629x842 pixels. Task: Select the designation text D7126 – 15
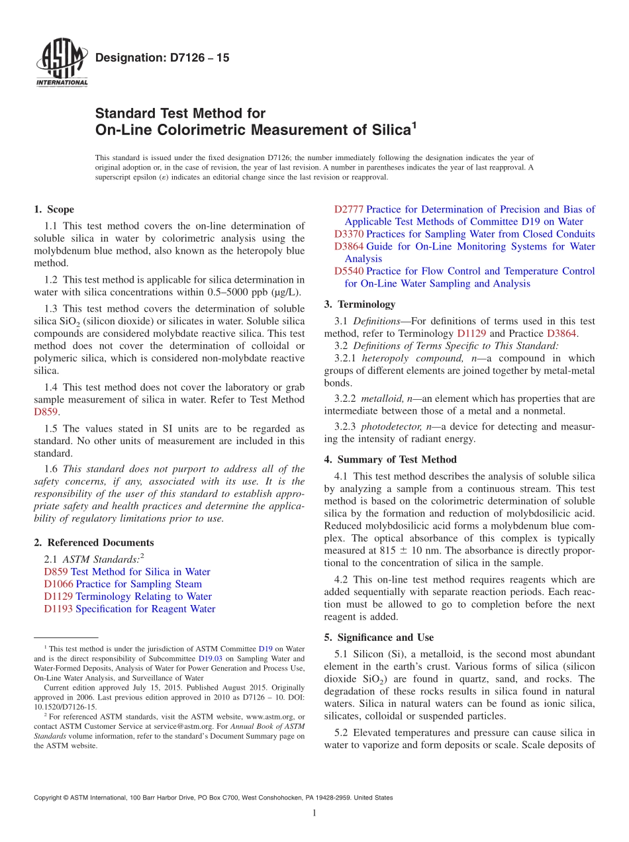162,58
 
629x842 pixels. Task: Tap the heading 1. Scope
54,209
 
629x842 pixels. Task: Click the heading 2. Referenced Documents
93,542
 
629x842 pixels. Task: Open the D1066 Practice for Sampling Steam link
122,584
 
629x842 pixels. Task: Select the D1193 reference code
58,609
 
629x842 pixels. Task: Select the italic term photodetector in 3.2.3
391,426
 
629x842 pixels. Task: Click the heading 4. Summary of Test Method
390,459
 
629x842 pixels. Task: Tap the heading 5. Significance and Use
379,637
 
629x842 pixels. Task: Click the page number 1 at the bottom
314,813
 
